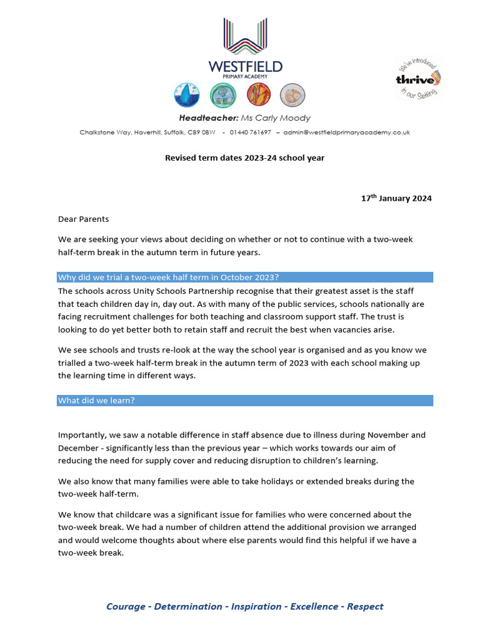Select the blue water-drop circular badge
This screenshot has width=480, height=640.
pos(186,95)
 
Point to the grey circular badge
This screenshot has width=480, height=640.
pos(292,95)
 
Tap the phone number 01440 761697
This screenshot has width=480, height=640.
pos(250,132)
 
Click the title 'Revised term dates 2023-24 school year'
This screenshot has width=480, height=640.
pos(244,158)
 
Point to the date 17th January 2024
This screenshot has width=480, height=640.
pos(396,199)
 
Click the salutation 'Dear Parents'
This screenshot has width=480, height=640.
pos(83,219)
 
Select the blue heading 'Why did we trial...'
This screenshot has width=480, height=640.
pos(167,277)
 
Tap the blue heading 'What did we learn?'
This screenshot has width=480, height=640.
pos(96,401)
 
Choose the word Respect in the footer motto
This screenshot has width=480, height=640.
pos(365,606)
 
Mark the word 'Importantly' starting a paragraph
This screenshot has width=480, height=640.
pos(82,434)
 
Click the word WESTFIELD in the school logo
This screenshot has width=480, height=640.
pos(246,66)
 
